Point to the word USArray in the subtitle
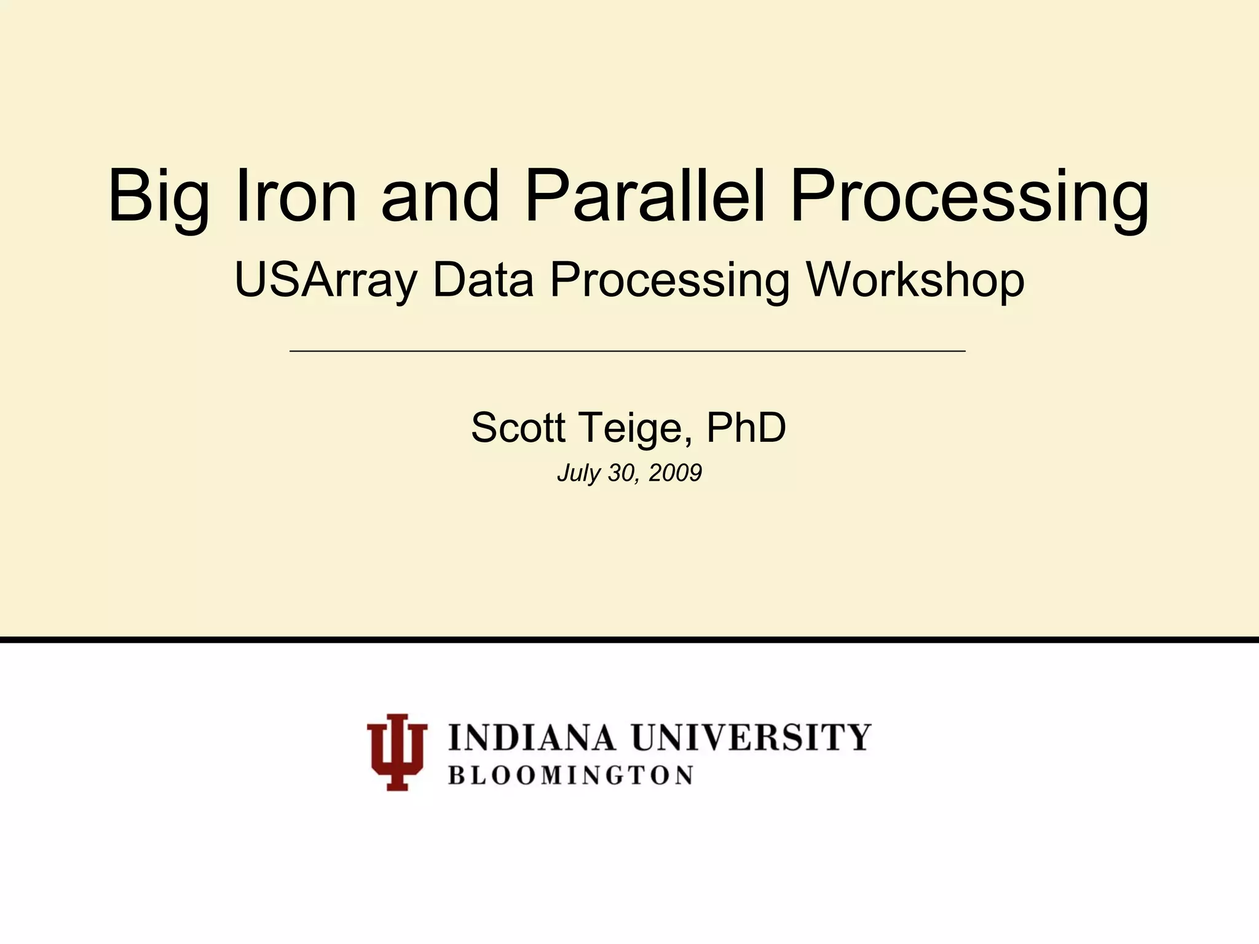pyautogui.click(x=326, y=280)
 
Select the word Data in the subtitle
pyautogui.click(x=483, y=280)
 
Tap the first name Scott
pyautogui.click(x=518, y=428)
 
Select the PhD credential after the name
pyautogui.click(x=746, y=428)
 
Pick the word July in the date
pyautogui.click(x=578, y=473)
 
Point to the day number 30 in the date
pyautogui.click(x=621, y=473)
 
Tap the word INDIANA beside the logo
pyautogui.click(x=532, y=737)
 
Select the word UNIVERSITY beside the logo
pyautogui.click(x=751, y=737)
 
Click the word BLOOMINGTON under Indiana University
pyautogui.click(x=571, y=776)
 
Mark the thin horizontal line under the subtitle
pyautogui.click(x=627, y=351)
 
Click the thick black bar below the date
pyautogui.click(x=629, y=640)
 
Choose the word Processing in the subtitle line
pyautogui.click(x=669, y=280)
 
